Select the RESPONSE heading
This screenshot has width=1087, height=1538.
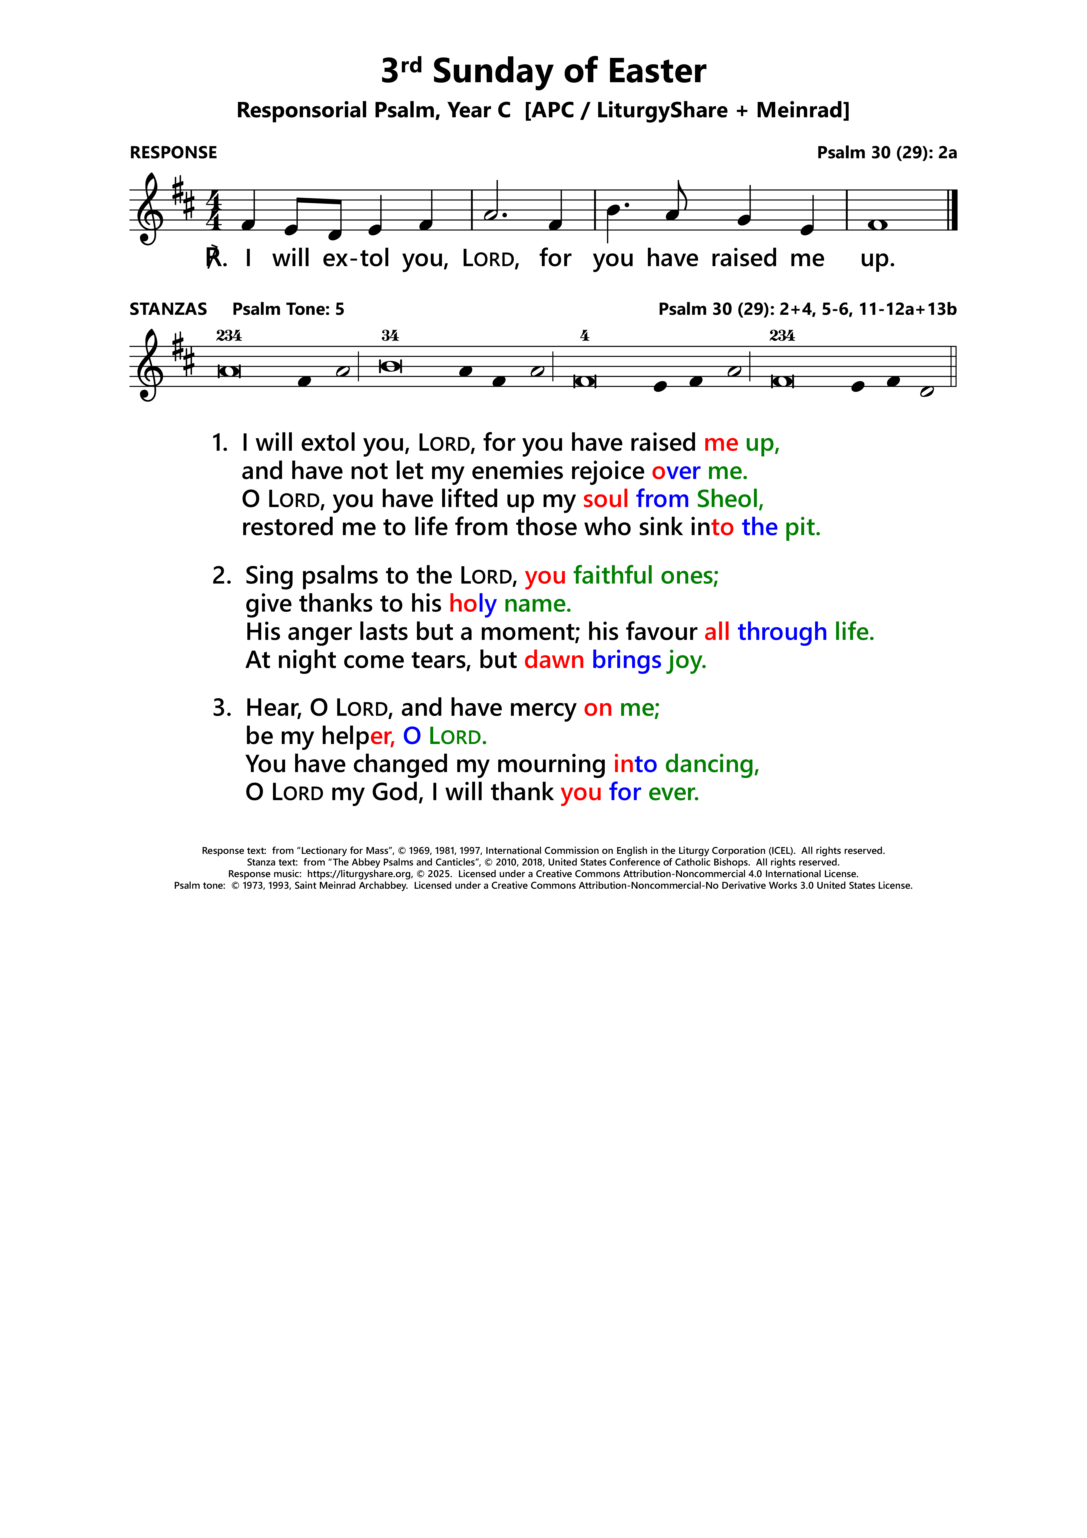coord(174,153)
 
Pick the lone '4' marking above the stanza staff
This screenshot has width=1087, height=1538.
coord(585,336)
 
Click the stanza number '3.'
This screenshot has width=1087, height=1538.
coord(222,708)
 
